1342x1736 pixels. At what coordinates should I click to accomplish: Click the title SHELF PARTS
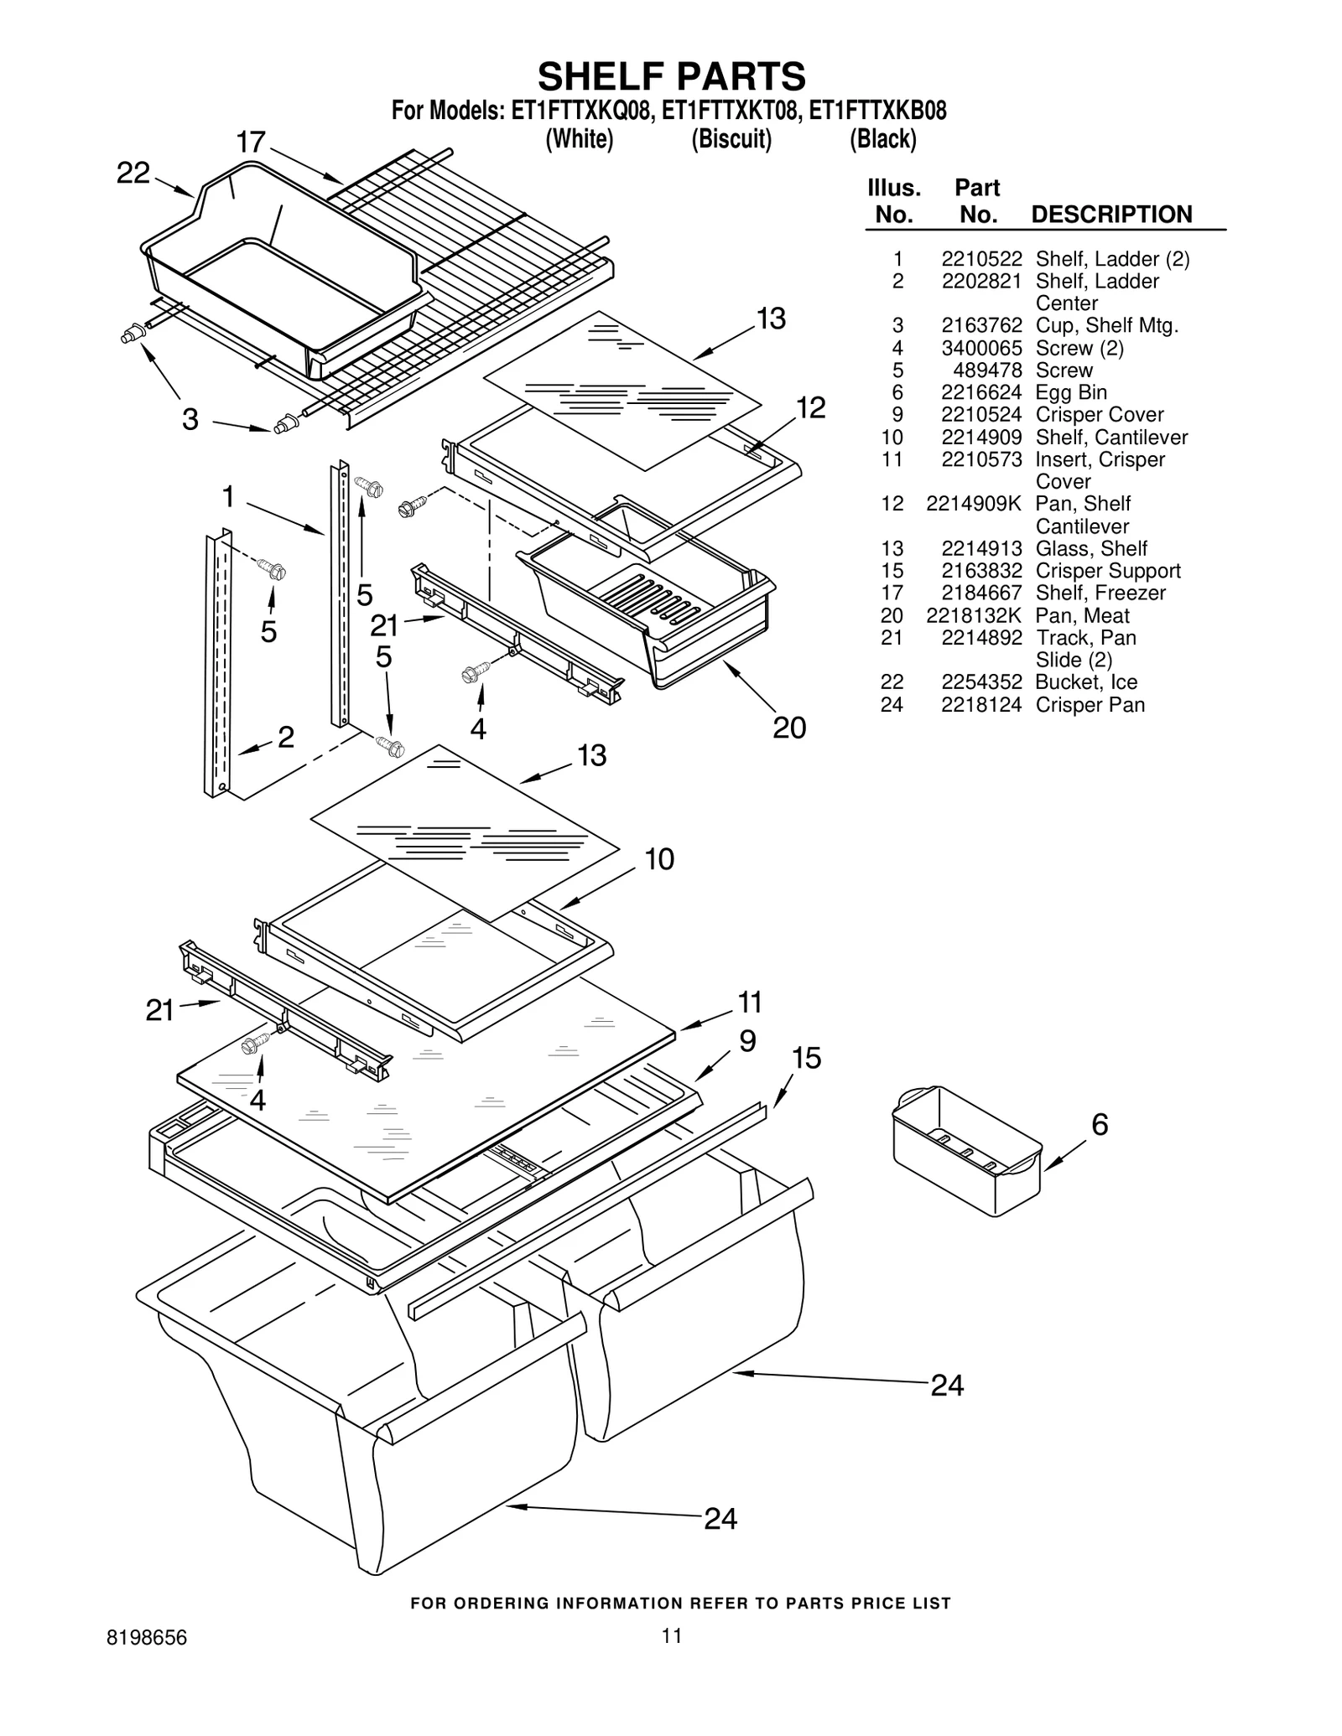pos(671,77)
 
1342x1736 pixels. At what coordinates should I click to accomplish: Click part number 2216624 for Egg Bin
pos(981,392)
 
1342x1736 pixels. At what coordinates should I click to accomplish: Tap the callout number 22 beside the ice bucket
pos(133,174)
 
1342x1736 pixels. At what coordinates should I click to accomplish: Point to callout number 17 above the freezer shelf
pos(251,143)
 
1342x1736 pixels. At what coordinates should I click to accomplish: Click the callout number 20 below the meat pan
pos(788,727)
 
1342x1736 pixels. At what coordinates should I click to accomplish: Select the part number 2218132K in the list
pos(974,615)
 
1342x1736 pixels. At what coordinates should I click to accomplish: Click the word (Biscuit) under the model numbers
pos(731,139)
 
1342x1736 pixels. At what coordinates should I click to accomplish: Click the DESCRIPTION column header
pos(1111,215)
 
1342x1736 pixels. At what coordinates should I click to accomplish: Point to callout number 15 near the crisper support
pos(805,1058)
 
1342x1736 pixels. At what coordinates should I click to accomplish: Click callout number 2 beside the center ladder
pos(285,737)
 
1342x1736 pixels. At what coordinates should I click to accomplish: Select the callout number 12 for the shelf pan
pos(810,407)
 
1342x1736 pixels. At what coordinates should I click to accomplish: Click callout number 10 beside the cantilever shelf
pos(659,859)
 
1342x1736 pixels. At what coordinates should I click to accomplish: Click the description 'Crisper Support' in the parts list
pos(1108,571)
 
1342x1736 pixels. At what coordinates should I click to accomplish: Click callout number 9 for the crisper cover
pos(747,1041)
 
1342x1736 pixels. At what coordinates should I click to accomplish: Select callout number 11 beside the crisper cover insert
pos(749,1002)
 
